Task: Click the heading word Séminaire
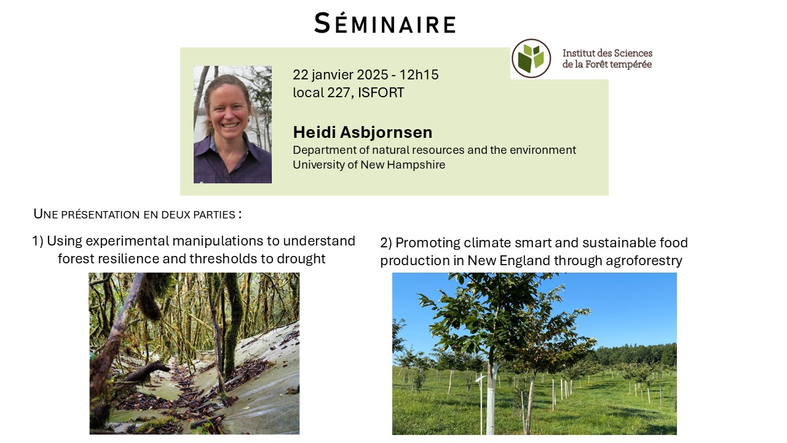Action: tap(385, 23)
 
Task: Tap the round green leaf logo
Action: tap(531, 58)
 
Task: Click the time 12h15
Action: tap(419, 74)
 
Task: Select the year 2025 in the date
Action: tap(373, 74)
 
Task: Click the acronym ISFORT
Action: tap(381, 92)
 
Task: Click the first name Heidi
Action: tap(314, 132)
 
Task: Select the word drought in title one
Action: tap(301, 259)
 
